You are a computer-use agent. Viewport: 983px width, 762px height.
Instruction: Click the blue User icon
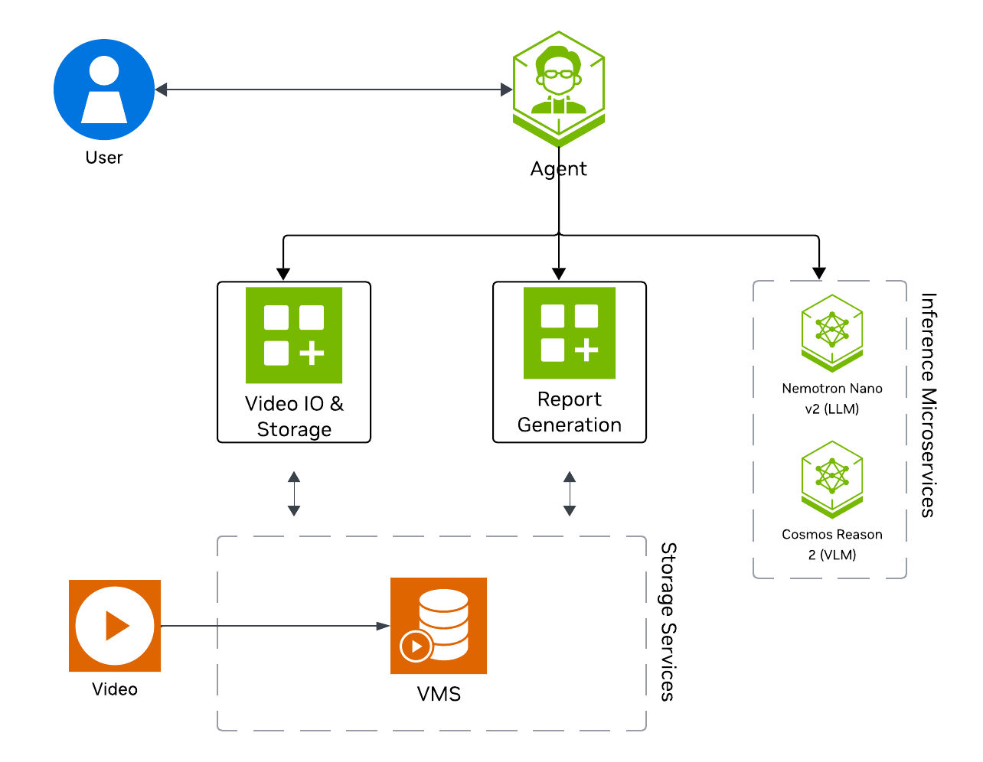click(x=104, y=90)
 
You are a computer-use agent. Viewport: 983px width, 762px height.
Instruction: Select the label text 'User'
click(x=104, y=158)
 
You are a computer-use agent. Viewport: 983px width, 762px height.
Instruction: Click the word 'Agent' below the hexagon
click(x=559, y=169)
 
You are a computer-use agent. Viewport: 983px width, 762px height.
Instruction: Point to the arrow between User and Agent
click(x=333, y=90)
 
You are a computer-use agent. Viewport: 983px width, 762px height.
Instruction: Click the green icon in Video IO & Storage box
click(x=294, y=335)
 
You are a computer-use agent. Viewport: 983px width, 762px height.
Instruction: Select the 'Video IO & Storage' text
click(x=294, y=416)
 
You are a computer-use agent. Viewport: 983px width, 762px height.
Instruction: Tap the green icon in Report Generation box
click(x=570, y=333)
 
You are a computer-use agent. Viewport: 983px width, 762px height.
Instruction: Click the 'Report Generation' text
click(x=570, y=412)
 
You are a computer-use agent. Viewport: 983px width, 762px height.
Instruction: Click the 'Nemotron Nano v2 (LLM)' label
click(x=832, y=399)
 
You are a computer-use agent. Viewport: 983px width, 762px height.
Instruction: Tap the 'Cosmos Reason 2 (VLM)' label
click(x=832, y=545)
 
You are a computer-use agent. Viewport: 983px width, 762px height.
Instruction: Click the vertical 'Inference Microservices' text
click(x=928, y=405)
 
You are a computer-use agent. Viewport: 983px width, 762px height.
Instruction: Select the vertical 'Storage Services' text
click(x=668, y=622)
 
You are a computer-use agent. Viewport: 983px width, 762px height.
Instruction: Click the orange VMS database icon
click(x=439, y=626)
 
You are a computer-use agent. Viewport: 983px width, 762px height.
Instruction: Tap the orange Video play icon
click(x=115, y=626)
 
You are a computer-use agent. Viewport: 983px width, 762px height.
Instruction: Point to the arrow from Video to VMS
click(x=276, y=626)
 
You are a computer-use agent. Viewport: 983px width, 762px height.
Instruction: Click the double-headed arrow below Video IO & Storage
click(x=294, y=493)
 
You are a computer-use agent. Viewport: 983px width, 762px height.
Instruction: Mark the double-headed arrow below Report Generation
click(x=570, y=493)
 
